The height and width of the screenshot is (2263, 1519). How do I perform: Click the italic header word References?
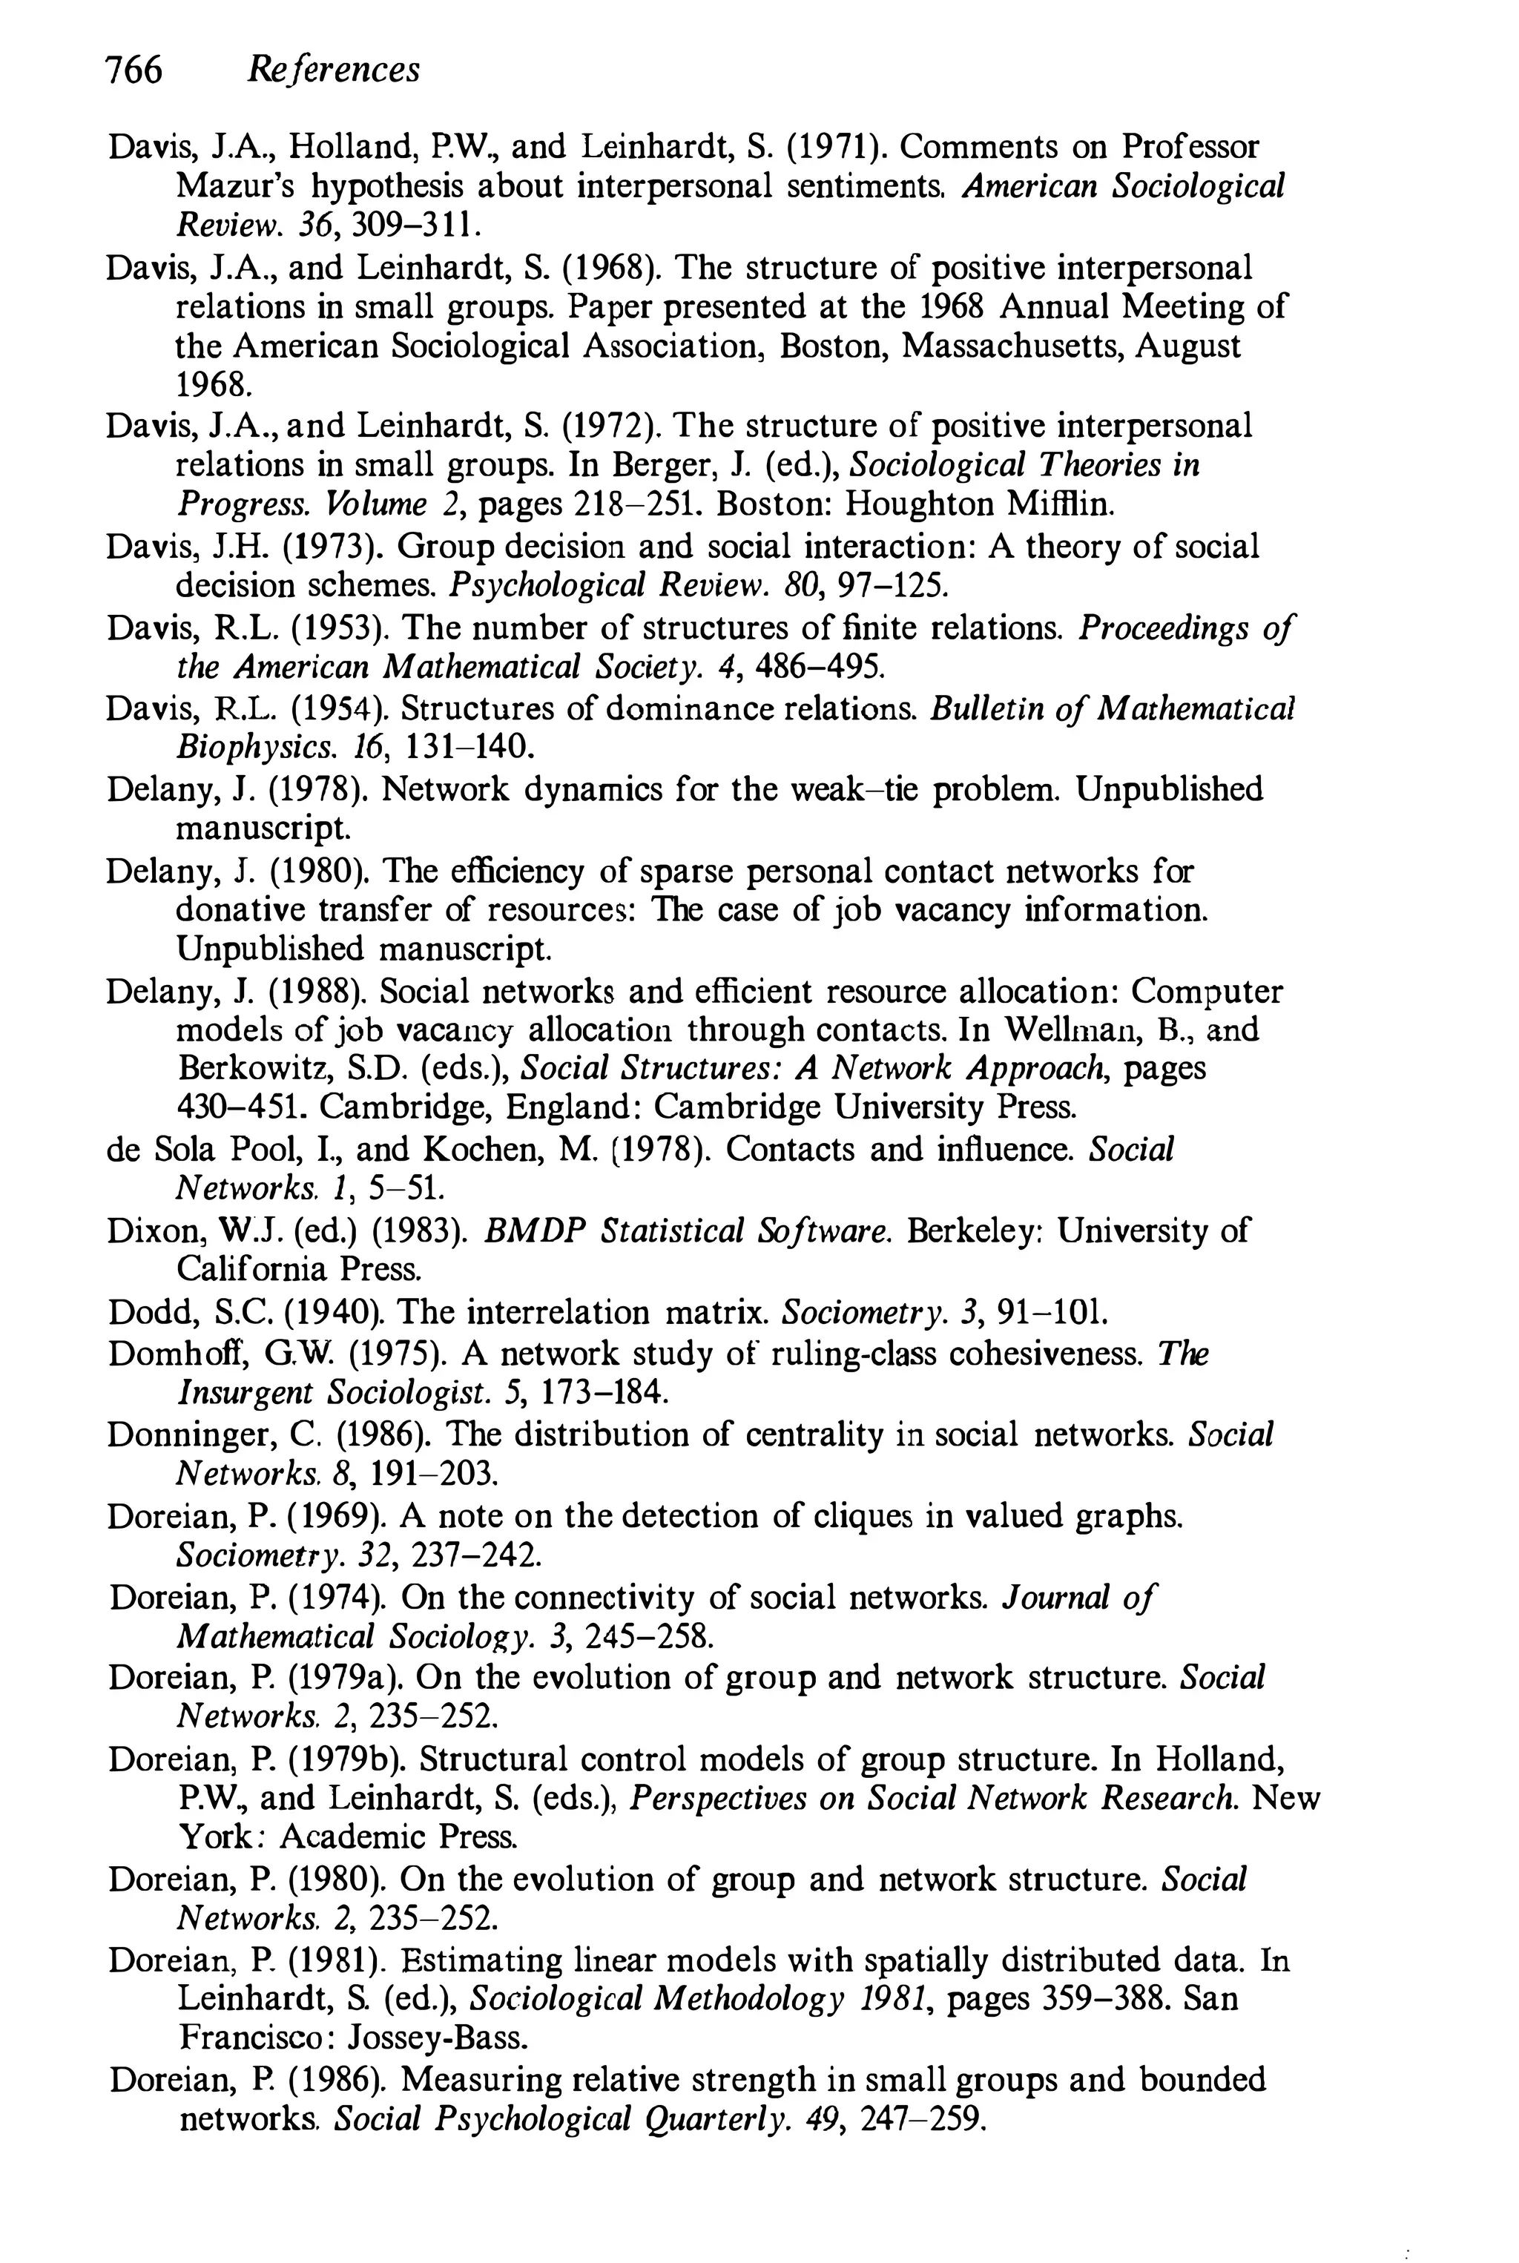pyautogui.click(x=333, y=70)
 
